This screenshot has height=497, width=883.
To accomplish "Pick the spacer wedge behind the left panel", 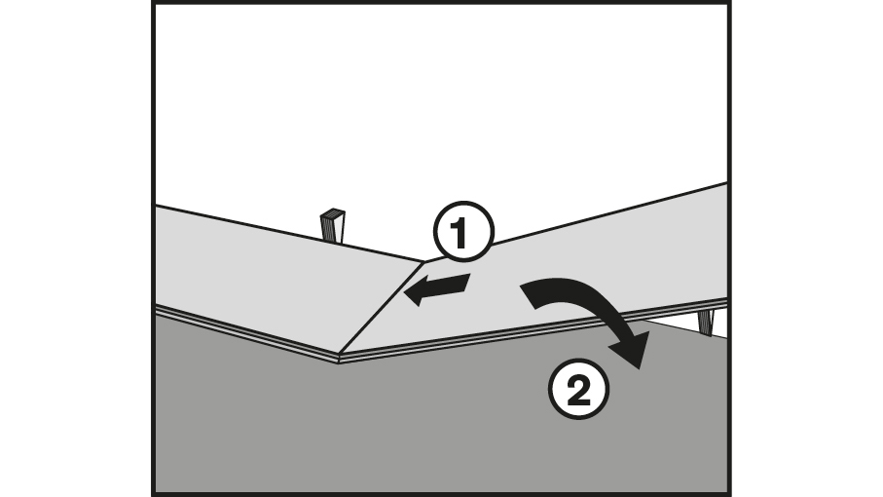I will coord(333,225).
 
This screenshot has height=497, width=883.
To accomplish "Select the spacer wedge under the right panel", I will coord(706,322).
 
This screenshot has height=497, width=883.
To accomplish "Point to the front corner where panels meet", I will coord(339,358).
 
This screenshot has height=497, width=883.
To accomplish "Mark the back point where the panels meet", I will coord(424,260).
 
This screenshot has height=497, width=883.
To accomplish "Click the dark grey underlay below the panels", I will coord(389,429).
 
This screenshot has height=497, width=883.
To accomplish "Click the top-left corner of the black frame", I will coord(155,4).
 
